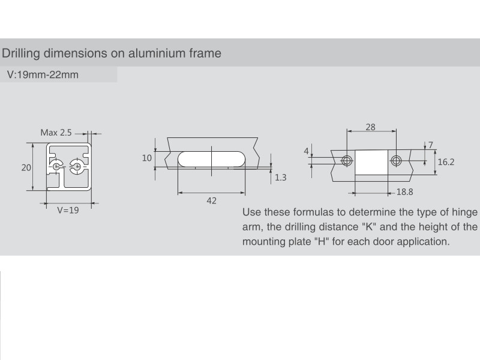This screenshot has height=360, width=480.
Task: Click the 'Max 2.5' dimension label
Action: point(56,133)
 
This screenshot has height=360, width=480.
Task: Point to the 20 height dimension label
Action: point(26,167)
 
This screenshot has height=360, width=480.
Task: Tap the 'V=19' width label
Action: point(68,211)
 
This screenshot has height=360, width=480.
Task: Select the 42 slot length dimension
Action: point(212,200)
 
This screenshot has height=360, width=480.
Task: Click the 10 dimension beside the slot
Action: point(146,158)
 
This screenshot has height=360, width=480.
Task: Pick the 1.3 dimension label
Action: point(280,178)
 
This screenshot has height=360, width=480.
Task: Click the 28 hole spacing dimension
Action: point(370,127)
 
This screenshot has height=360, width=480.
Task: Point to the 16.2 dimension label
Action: point(446,162)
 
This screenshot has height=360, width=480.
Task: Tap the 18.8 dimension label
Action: point(404,192)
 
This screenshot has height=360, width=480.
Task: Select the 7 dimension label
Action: point(431,145)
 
